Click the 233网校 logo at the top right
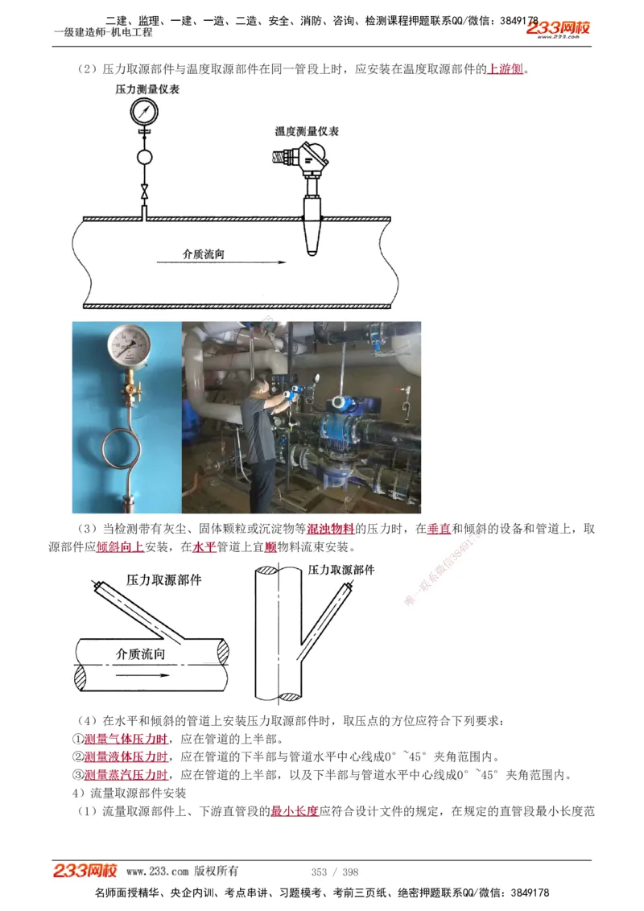(558, 29)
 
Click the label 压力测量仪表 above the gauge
(147, 89)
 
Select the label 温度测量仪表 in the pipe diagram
(306, 131)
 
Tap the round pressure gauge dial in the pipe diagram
(144, 114)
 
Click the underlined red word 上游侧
(506, 69)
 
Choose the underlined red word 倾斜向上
(120, 547)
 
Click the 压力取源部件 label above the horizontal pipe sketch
(163, 580)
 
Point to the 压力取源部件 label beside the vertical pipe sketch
(341, 570)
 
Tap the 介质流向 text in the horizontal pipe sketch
(141, 654)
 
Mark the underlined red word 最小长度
(295, 812)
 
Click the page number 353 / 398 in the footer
(335, 872)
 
